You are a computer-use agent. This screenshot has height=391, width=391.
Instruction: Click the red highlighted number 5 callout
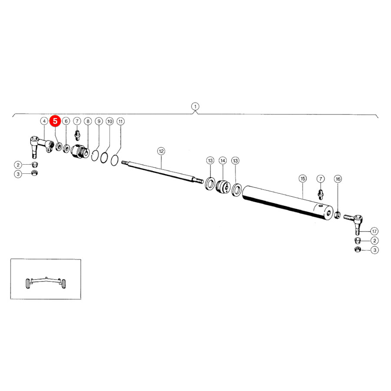click(55, 121)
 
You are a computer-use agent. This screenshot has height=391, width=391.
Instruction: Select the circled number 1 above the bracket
click(195, 106)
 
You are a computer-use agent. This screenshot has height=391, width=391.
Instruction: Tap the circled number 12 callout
click(161, 151)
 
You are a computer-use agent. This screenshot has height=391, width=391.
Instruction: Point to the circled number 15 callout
click(303, 179)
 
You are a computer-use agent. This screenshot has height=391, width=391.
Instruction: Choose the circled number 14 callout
click(223, 161)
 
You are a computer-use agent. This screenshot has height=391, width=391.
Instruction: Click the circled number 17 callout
click(374, 231)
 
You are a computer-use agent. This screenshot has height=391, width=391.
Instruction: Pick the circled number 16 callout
click(338, 179)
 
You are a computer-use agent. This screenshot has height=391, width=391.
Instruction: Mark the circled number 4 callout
click(44, 121)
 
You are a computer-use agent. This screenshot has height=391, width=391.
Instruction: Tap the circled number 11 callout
click(121, 122)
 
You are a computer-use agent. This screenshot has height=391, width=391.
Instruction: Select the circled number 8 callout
click(88, 121)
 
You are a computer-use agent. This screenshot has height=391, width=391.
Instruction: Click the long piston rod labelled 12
click(162, 171)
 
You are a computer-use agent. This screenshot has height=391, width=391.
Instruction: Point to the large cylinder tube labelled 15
click(288, 203)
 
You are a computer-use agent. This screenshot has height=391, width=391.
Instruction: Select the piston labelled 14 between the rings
click(223, 186)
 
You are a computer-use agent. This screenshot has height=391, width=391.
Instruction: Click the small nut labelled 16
click(338, 215)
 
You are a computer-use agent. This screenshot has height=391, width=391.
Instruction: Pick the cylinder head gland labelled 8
click(80, 151)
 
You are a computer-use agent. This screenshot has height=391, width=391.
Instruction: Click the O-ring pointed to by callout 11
click(114, 160)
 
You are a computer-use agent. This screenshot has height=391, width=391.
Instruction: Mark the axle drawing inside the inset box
click(46, 283)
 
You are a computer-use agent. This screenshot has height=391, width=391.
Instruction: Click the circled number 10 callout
click(110, 122)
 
